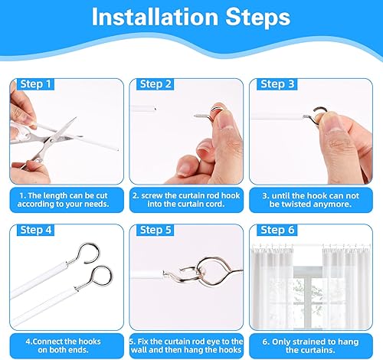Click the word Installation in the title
click(155, 17)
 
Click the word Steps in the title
click(258, 18)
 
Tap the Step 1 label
click(35, 84)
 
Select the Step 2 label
click(155, 84)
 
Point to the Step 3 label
click(277, 84)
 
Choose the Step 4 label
click(36, 230)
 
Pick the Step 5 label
click(155, 230)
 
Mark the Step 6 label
click(277, 230)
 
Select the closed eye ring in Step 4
click(101, 277)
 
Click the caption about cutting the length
click(64, 200)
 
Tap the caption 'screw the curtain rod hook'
click(186, 200)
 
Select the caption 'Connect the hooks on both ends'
click(63, 345)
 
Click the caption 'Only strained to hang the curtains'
click(310, 345)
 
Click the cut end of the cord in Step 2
click(155, 109)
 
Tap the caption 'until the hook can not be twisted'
click(310, 200)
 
